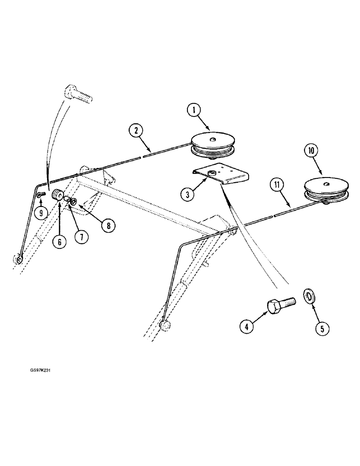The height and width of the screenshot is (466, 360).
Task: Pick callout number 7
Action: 81,237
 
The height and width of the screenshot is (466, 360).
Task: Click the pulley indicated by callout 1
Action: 214,145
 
